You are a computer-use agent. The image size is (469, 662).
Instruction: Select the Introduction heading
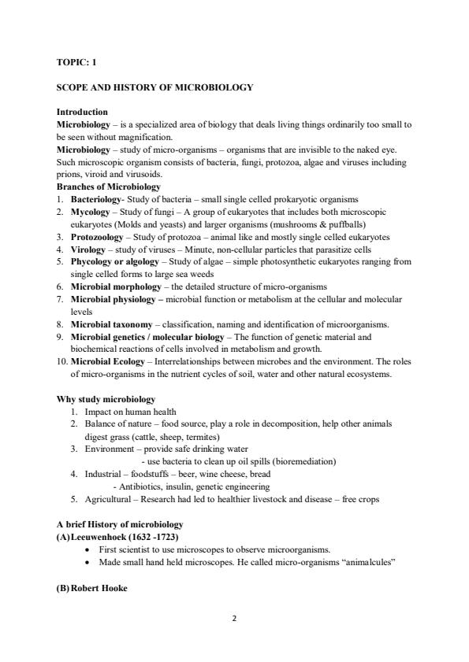pyautogui.click(x=82, y=113)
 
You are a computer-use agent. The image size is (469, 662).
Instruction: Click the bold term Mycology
pyautogui.click(x=89, y=213)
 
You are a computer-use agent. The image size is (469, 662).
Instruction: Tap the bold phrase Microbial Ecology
pyautogui.click(x=106, y=361)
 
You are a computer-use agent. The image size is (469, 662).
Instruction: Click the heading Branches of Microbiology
pyautogui.click(x=109, y=187)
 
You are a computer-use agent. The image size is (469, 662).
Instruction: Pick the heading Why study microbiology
pyautogui.click(x=106, y=399)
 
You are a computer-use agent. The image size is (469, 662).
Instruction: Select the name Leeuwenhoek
pyautogui.click(x=103, y=538)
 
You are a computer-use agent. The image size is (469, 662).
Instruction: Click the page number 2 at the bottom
pyautogui.click(x=234, y=618)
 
